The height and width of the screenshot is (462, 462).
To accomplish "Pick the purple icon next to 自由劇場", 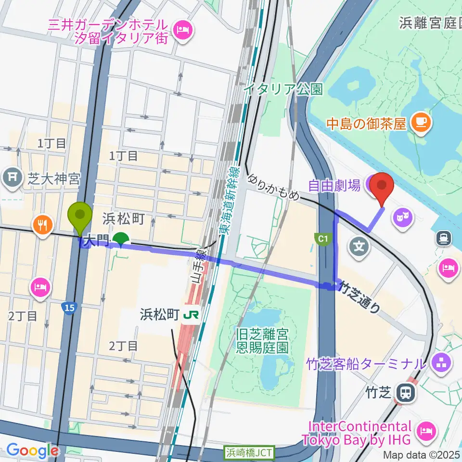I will point(371,184).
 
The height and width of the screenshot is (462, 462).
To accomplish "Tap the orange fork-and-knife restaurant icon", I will point(43,224).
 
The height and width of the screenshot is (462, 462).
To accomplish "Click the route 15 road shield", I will point(69,306).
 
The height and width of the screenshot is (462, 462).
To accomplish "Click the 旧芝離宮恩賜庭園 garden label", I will point(262,340).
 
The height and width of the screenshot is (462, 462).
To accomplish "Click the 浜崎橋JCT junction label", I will point(249,452).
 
